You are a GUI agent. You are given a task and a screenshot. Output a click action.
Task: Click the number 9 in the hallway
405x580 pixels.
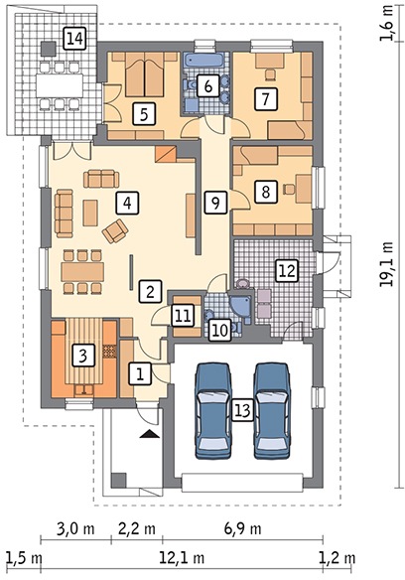click(212, 202)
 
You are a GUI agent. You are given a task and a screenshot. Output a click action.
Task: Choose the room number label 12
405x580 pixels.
click(286, 268)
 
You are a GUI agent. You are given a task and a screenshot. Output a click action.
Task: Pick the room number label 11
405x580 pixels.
click(182, 315)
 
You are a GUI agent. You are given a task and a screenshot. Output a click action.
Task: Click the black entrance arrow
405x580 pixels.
click(148, 434)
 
